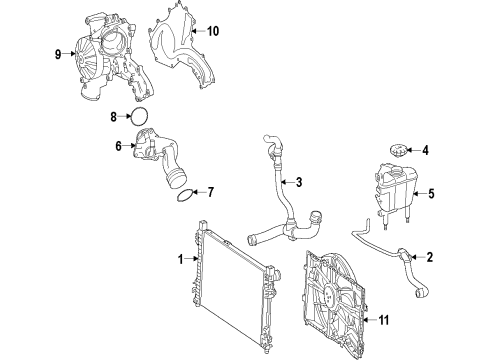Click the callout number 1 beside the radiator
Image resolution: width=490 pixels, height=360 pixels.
[x=180, y=259]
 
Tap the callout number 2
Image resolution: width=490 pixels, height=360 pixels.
[x=430, y=257]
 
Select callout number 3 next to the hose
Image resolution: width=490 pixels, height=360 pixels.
[x=299, y=182]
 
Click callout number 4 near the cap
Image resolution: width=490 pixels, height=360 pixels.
[x=425, y=150]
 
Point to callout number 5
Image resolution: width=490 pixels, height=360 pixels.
[x=431, y=194]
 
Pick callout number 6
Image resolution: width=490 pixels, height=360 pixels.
[x=118, y=146]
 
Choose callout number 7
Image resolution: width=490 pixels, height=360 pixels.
[x=210, y=192]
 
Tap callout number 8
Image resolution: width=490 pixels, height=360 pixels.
[x=114, y=117]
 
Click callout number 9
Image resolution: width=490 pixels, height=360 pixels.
[x=58, y=54]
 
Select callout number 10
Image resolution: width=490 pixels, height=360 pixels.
[x=213, y=31]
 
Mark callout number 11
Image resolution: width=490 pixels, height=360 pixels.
[x=384, y=320]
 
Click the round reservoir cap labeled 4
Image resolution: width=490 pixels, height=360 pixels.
[x=397, y=150]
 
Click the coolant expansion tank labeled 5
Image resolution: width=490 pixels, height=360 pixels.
[x=395, y=193]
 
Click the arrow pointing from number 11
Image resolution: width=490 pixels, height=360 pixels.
[x=369, y=320]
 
